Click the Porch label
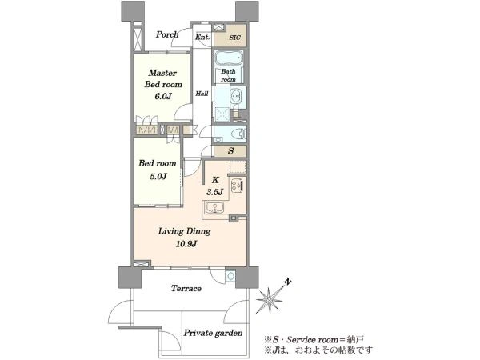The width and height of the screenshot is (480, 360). pyautogui.click(x=167, y=34)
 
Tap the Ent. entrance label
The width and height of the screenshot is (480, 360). pyautogui.click(x=202, y=38)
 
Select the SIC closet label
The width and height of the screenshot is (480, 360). pyautogui.click(x=234, y=38)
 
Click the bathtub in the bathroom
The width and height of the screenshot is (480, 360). pyautogui.click(x=229, y=58)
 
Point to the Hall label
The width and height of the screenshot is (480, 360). pyautogui.click(x=202, y=94)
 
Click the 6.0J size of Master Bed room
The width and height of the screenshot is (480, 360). pyautogui.click(x=163, y=97)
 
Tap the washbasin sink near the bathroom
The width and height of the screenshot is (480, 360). pyautogui.click(x=236, y=96)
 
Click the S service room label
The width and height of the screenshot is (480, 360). pyautogui.click(x=231, y=150)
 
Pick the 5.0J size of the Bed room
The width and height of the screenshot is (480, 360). pyautogui.click(x=158, y=176)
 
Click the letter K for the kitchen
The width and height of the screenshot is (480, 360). pyautogui.click(x=215, y=180)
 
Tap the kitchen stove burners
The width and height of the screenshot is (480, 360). pyautogui.click(x=238, y=186)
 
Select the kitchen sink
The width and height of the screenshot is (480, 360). pyautogui.click(x=214, y=208)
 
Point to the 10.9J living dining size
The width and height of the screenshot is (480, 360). pyautogui.click(x=186, y=244)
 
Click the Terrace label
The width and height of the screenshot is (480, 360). pyautogui.click(x=186, y=288)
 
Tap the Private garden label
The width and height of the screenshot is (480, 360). pyautogui.click(x=213, y=333)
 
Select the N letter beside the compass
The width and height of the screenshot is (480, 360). pyautogui.click(x=287, y=282)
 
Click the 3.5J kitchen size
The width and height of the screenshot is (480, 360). pyautogui.click(x=214, y=192)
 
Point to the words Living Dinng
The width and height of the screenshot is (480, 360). pyautogui.click(x=184, y=231)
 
